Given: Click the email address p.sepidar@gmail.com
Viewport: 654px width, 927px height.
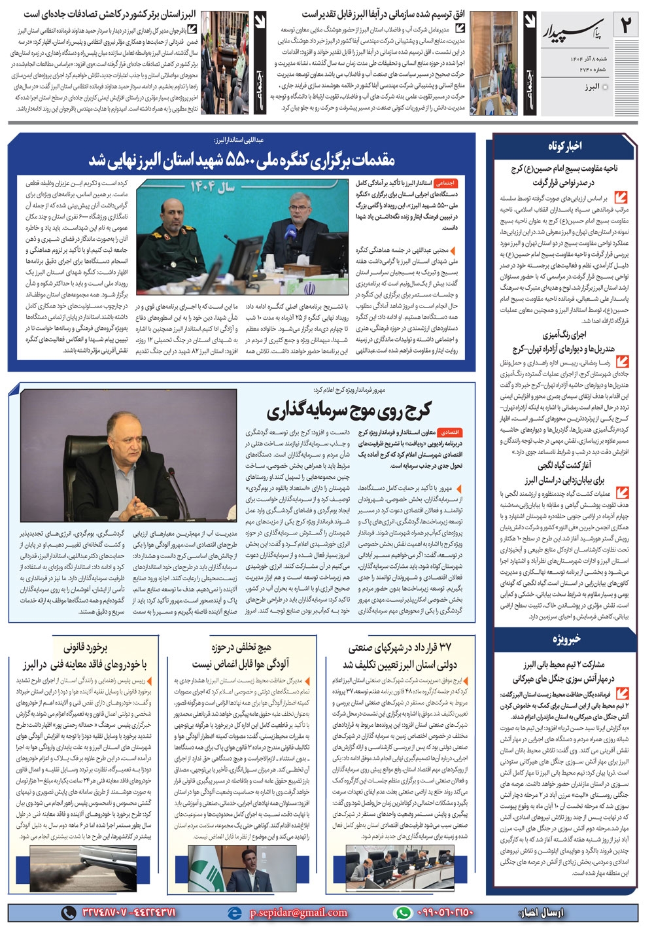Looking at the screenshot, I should (x=298, y=913).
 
